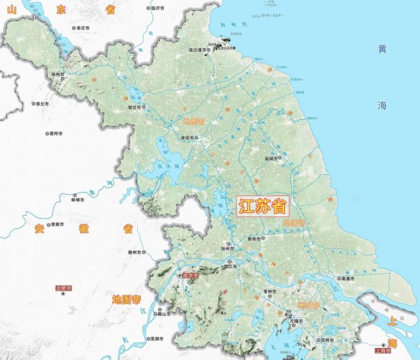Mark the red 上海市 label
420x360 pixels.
[382, 351]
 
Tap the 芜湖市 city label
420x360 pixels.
[155, 339]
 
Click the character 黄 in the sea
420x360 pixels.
[381, 50]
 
